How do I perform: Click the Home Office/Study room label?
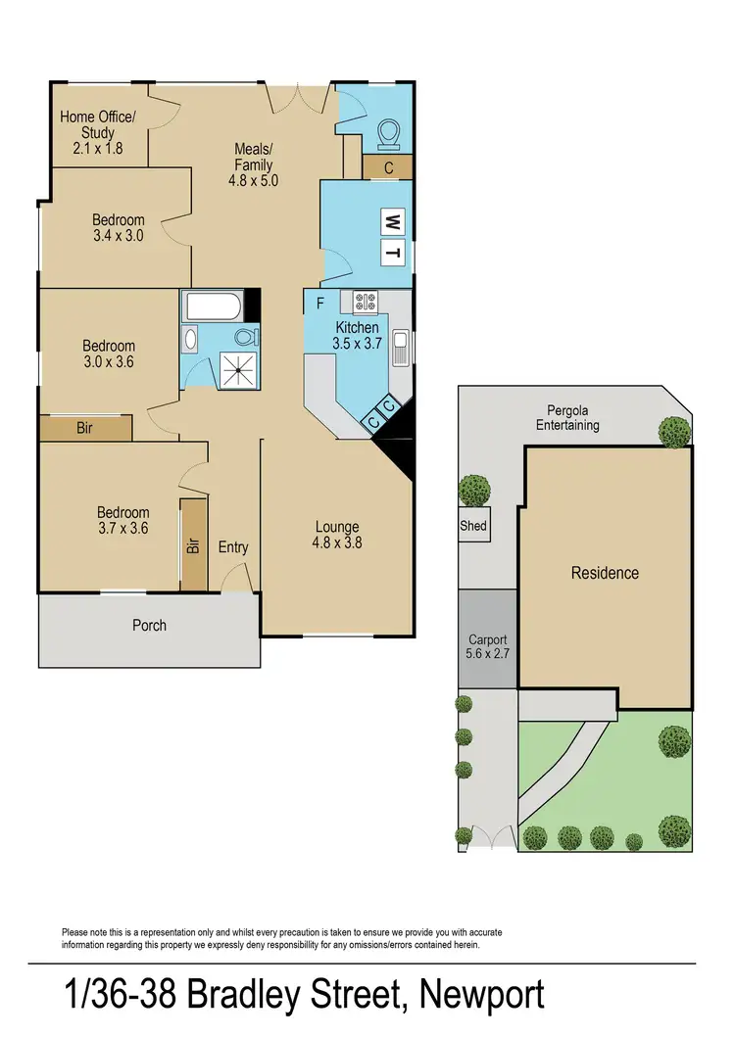tap(98, 132)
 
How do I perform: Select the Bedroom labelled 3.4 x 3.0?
tap(119, 227)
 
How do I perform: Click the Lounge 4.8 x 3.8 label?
tap(336, 535)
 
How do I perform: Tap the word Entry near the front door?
tap(233, 547)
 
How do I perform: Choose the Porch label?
tap(149, 625)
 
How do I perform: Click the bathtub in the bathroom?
tap(212, 308)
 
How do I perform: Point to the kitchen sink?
tap(400, 346)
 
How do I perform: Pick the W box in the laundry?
tap(391, 220)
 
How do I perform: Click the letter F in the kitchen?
tap(319, 303)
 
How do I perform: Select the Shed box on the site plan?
tap(472, 525)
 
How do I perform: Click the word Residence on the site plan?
tap(605, 573)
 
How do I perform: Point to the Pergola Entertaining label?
tap(567, 418)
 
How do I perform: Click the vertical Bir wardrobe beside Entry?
tap(193, 543)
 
